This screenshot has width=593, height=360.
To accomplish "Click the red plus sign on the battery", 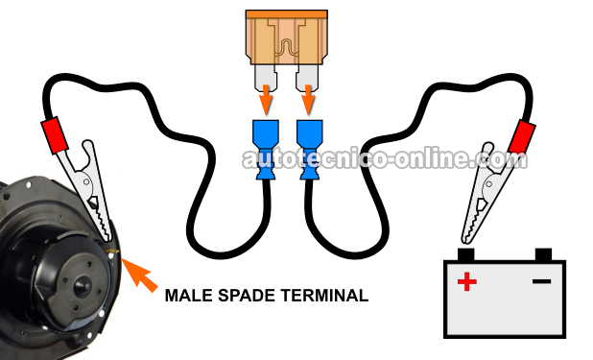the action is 466,281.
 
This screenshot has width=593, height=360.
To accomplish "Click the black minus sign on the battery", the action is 541,281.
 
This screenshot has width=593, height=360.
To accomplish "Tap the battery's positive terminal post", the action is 465,254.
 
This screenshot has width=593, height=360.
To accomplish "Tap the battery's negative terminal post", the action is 543,254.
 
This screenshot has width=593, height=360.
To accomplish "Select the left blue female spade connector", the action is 265,150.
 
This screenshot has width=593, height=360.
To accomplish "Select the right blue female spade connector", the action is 309,150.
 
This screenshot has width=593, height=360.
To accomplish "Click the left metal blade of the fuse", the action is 266,78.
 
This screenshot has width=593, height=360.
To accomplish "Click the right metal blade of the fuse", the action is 307,78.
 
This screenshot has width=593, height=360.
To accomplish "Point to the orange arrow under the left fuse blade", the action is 266,100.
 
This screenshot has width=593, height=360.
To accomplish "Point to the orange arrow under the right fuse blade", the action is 309,100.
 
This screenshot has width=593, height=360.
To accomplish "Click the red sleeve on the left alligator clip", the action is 55,135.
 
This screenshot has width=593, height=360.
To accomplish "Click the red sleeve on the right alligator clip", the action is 522,136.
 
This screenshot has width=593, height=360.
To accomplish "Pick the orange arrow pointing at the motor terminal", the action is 138,275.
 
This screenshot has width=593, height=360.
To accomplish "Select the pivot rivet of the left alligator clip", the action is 86,182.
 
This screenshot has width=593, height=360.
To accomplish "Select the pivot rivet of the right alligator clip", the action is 489,184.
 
